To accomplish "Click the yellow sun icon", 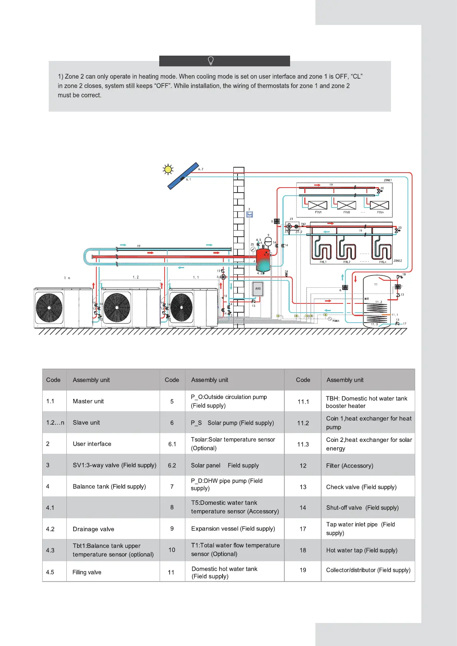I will click(x=168, y=169).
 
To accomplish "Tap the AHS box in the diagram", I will click(x=258, y=289).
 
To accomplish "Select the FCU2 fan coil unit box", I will click(x=346, y=205).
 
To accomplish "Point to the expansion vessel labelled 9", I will click(x=269, y=241).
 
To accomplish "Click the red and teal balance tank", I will click(x=263, y=260).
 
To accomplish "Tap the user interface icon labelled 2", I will click(x=249, y=214).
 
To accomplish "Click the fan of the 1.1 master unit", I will click(x=182, y=307).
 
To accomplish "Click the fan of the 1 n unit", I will click(x=49, y=308).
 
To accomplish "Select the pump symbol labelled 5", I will click(x=277, y=221).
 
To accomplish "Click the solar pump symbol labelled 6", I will click(x=345, y=287).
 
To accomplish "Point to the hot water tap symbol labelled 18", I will click(x=399, y=277).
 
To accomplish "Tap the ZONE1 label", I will click(x=388, y=180).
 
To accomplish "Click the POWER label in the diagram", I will click(x=336, y=321).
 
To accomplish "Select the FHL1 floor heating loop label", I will click(x=323, y=262).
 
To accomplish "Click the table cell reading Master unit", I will click(x=88, y=401).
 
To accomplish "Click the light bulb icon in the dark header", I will click(x=211, y=61).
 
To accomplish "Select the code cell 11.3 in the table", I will click(x=303, y=444).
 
